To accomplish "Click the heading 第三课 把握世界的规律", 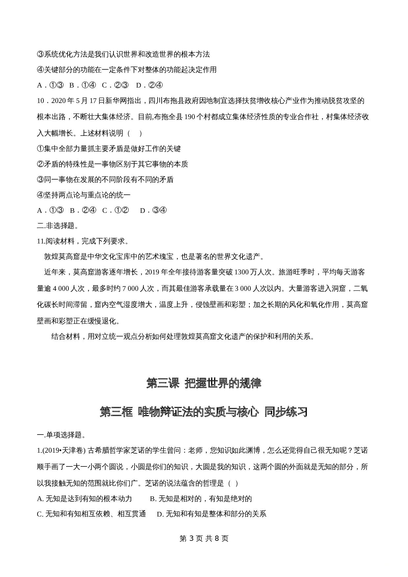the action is [x=204, y=383].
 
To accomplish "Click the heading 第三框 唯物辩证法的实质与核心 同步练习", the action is [x=204, y=412].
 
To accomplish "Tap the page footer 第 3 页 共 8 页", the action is [x=204, y=538].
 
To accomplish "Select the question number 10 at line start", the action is [x=40, y=101].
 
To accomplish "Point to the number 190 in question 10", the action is [x=190, y=117].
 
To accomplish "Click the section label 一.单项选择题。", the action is [x=61, y=435].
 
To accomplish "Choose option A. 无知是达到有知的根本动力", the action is [x=85, y=499].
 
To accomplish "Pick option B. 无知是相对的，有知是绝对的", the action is [x=201, y=499].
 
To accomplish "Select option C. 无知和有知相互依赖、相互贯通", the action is [x=91, y=514].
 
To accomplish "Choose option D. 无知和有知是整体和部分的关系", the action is [x=212, y=514].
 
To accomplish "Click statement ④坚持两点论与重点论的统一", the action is [x=84, y=195].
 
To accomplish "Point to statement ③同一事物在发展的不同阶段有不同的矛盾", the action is [x=105, y=180].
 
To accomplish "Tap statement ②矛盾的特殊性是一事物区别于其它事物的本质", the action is [x=112, y=164].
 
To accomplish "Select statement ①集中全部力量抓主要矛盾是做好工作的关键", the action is [x=109, y=149].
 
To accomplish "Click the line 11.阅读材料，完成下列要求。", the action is [x=83, y=241].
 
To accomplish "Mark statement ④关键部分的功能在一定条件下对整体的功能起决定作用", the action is [x=127, y=70].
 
